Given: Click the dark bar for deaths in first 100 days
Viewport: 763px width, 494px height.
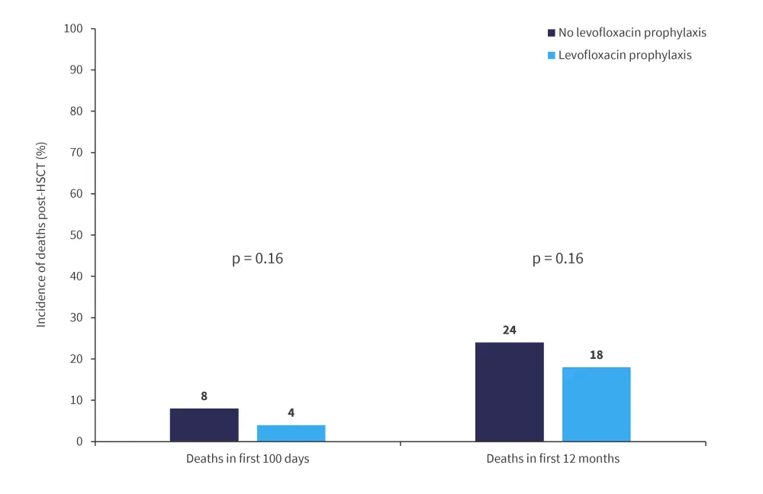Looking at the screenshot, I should pos(204,425).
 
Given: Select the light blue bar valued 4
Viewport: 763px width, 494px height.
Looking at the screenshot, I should pos(291,433).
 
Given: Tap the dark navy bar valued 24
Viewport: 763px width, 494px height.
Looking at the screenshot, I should pos(509,392).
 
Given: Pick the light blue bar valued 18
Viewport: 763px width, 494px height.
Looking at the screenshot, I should pos(596,404).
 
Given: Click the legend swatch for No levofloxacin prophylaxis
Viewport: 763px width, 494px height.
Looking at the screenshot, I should pos(551,33).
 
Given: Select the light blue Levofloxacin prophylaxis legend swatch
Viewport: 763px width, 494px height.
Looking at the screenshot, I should pos(551,55).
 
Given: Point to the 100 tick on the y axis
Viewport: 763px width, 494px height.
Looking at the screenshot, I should pos(74,29).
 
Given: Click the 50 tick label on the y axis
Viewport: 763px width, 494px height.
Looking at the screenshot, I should pos(77,235).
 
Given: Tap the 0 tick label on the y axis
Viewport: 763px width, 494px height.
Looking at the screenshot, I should pos(80,442).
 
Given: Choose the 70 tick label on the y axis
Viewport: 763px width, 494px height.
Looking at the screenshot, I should pos(77,153).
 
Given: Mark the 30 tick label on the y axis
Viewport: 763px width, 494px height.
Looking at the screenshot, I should pos(77,318).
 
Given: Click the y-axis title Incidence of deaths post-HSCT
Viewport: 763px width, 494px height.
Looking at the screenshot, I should pos(42,235).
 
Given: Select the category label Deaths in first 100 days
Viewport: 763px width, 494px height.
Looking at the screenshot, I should pos(247,459).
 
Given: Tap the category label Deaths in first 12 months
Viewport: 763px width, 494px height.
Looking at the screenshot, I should pos(552,459).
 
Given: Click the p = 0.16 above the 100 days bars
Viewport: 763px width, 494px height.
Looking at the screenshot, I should pos(257,259).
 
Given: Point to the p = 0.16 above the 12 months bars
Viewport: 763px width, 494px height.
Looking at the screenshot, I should pos(558,259).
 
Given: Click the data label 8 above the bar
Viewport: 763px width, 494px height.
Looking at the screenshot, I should pos(204,397).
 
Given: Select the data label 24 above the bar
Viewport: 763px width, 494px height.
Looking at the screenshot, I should pos(510,331).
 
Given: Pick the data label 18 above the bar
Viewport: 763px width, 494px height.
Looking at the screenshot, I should pos(596,355).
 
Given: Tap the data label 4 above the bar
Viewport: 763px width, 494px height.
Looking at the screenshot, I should pos(291,413).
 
